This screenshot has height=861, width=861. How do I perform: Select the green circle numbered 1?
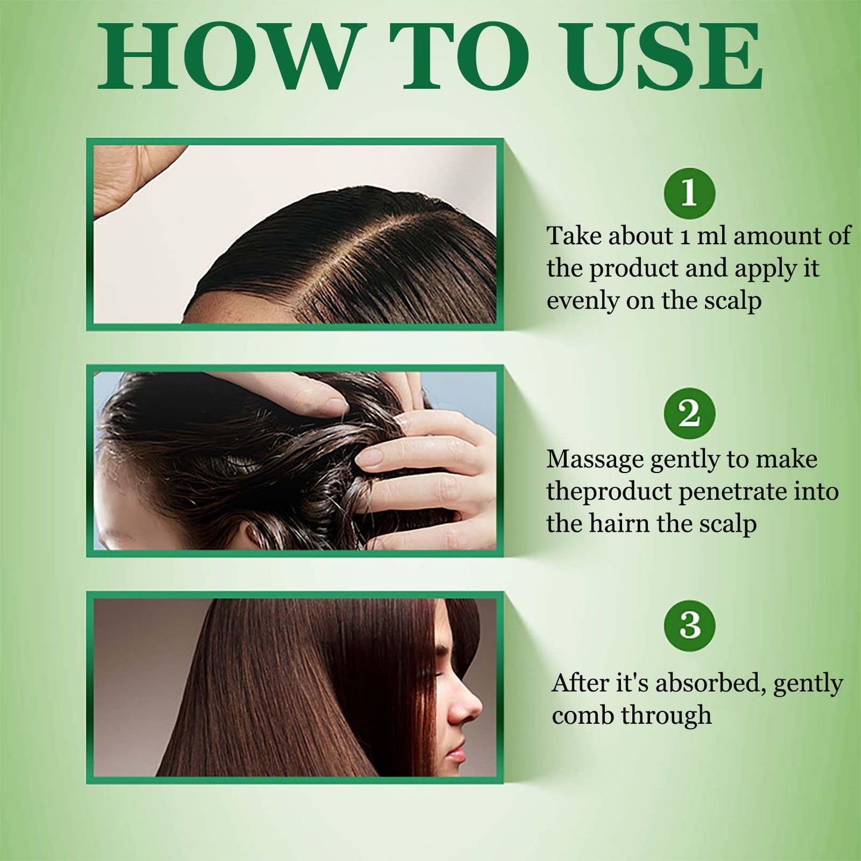pyautogui.click(x=689, y=193)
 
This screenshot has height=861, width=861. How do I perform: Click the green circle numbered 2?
pyautogui.click(x=689, y=414)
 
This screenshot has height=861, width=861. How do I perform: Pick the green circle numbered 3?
pyautogui.click(x=689, y=626)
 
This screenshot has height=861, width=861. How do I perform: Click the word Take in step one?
pyautogui.click(x=574, y=235)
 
